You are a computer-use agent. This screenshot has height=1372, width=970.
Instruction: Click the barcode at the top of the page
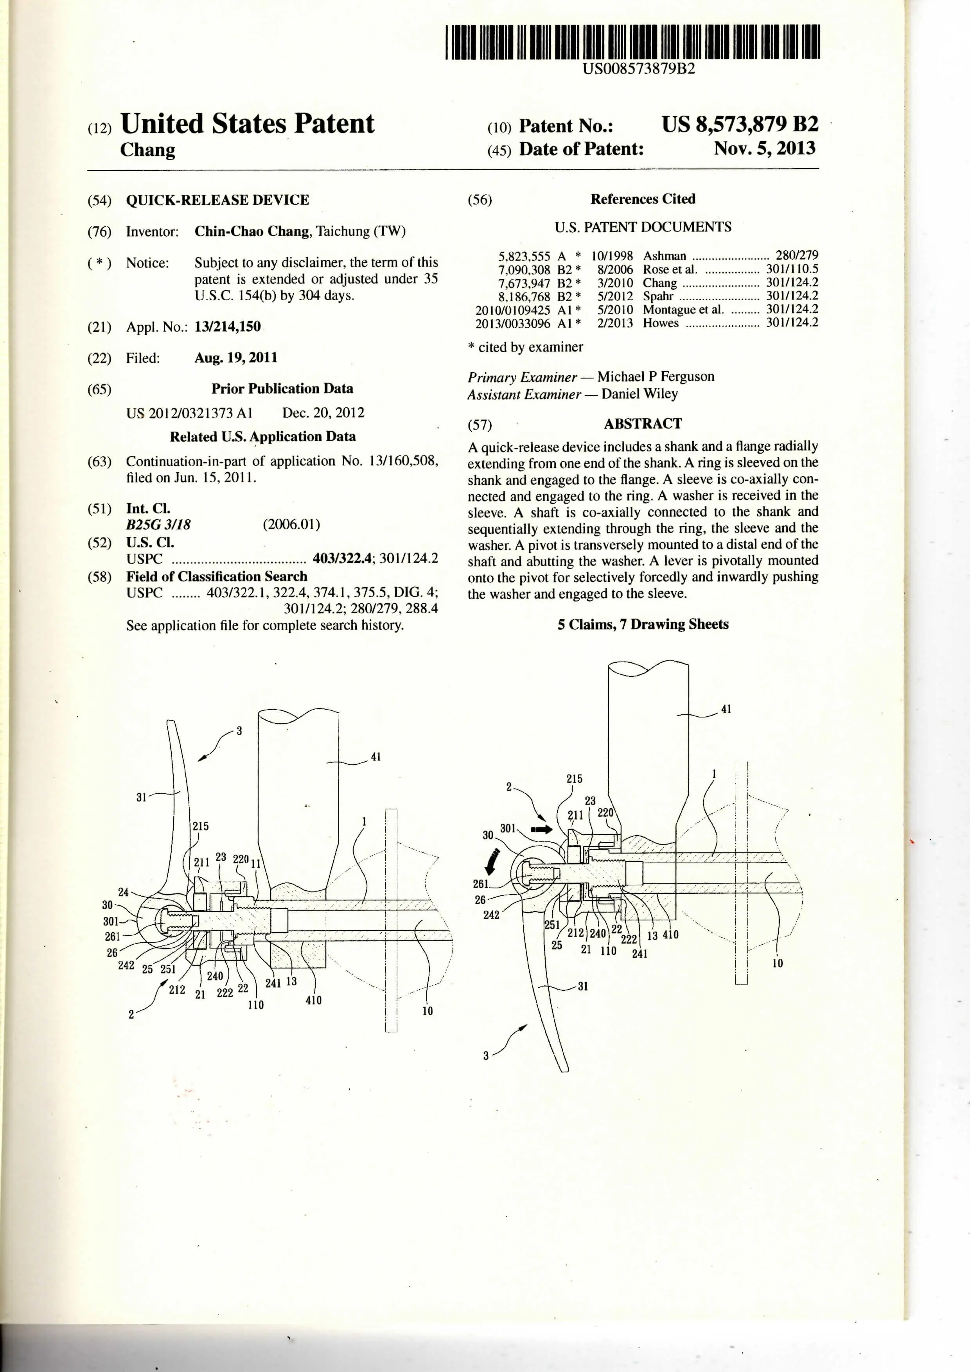[632, 42]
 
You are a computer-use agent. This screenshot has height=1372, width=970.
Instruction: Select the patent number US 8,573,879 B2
[739, 124]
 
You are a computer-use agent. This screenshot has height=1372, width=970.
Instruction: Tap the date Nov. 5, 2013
[764, 148]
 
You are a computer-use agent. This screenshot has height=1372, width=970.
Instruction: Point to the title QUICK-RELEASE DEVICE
[217, 200]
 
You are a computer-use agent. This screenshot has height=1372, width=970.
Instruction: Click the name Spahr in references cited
[657, 296]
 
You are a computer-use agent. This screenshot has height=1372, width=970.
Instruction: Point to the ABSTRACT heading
[643, 424]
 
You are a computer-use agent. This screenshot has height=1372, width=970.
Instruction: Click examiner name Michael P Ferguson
[655, 377]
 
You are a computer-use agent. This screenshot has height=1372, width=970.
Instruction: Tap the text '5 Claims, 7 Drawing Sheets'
[643, 624]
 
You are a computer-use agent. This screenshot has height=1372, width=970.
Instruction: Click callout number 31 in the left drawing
[141, 797]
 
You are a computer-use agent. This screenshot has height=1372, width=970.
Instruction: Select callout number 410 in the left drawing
[313, 1000]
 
